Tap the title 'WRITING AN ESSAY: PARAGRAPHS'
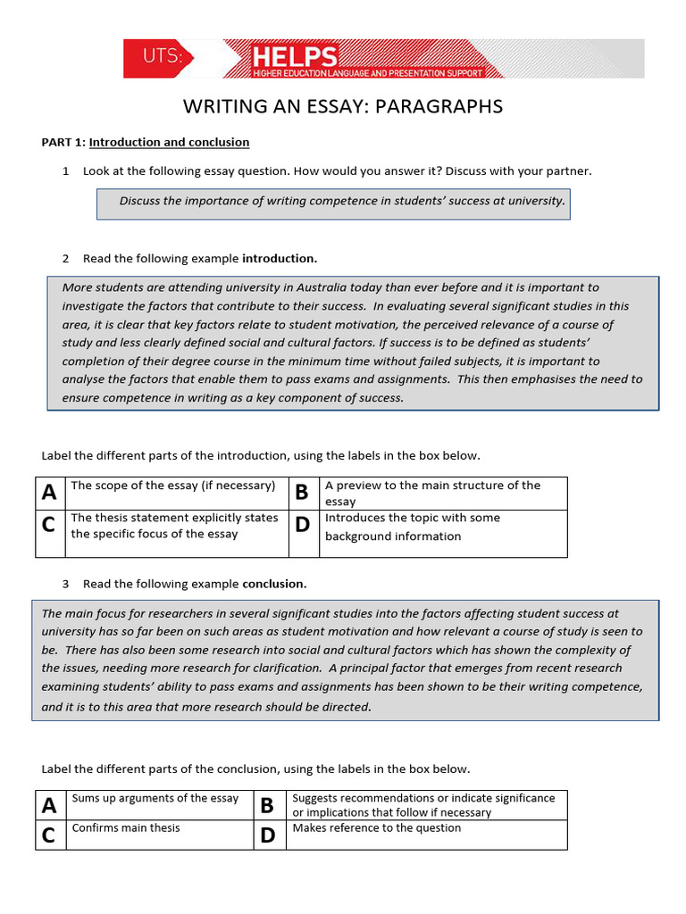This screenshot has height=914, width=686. (343, 107)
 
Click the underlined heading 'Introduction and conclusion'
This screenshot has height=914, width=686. (169, 142)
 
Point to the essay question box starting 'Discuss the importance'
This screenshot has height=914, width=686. (333, 201)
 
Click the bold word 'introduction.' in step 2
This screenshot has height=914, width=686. (280, 259)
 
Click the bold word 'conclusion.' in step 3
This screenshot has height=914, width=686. (274, 584)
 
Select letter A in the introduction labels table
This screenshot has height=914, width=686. (50, 492)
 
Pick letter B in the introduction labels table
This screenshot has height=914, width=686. (302, 492)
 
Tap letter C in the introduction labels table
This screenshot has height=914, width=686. (49, 525)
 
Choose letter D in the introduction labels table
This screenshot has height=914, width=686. (302, 525)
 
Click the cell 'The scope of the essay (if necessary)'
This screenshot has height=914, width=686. (173, 486)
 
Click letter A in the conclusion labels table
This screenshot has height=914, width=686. (50, 805)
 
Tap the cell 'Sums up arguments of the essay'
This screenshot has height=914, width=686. (155, 798)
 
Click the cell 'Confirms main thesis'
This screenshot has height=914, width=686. (126, 827)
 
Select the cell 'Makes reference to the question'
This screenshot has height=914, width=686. (377, 827)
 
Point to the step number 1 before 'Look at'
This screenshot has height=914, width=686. (66, 170)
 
